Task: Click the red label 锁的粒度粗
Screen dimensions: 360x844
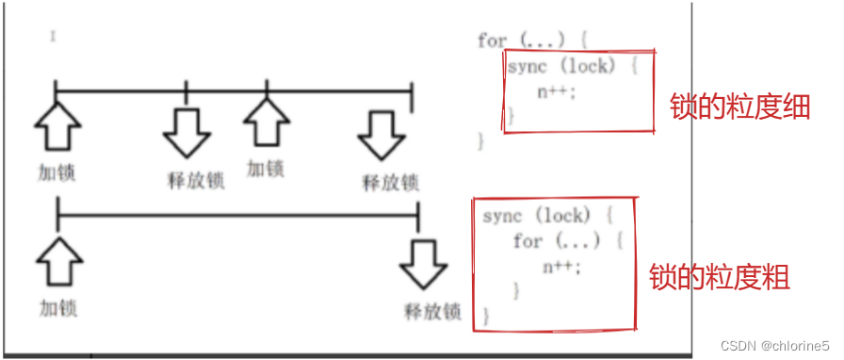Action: [x=719, y=277]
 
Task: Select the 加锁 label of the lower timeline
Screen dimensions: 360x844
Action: [x=57, y=308]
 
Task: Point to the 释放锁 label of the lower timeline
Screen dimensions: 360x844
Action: [x=432, y=311]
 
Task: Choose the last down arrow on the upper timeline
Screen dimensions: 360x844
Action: [x=381, y=135]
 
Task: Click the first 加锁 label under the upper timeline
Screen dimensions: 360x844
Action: [x=57, y=173]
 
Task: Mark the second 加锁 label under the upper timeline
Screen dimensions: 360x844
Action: [x=266, y=170]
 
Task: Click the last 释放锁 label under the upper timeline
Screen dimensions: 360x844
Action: [x=390, y=182]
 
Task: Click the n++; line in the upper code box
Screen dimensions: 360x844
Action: [x=556, y=91]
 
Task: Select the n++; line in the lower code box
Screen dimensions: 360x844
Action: [x=562, y=266]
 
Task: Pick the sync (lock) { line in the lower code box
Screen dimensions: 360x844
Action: [x=537, y=216]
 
